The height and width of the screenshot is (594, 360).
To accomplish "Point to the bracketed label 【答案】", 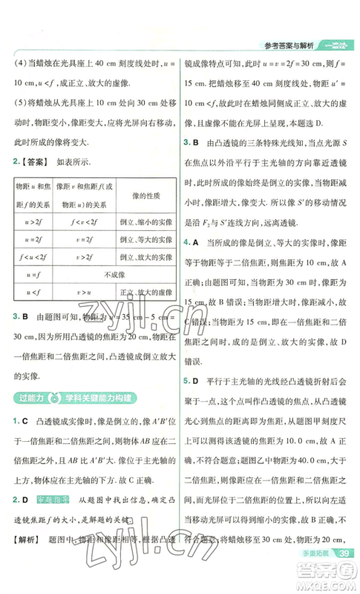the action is (x=36, y=161).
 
